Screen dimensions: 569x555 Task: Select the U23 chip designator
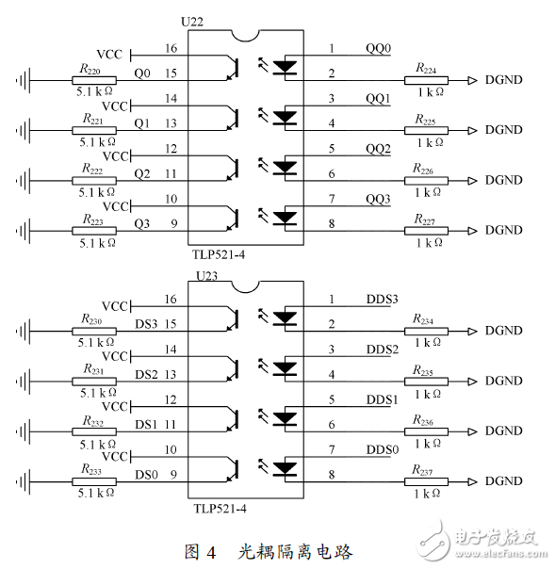206,276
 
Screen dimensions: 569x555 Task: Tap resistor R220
93,80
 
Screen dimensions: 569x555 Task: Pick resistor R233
93,480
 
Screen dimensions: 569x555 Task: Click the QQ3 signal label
377,199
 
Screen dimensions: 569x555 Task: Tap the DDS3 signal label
383,299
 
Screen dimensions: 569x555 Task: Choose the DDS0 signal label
383,449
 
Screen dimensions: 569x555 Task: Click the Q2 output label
142,173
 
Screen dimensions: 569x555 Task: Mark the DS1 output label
145,424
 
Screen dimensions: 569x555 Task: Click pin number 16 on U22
170,47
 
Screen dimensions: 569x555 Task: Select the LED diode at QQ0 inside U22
284,67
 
